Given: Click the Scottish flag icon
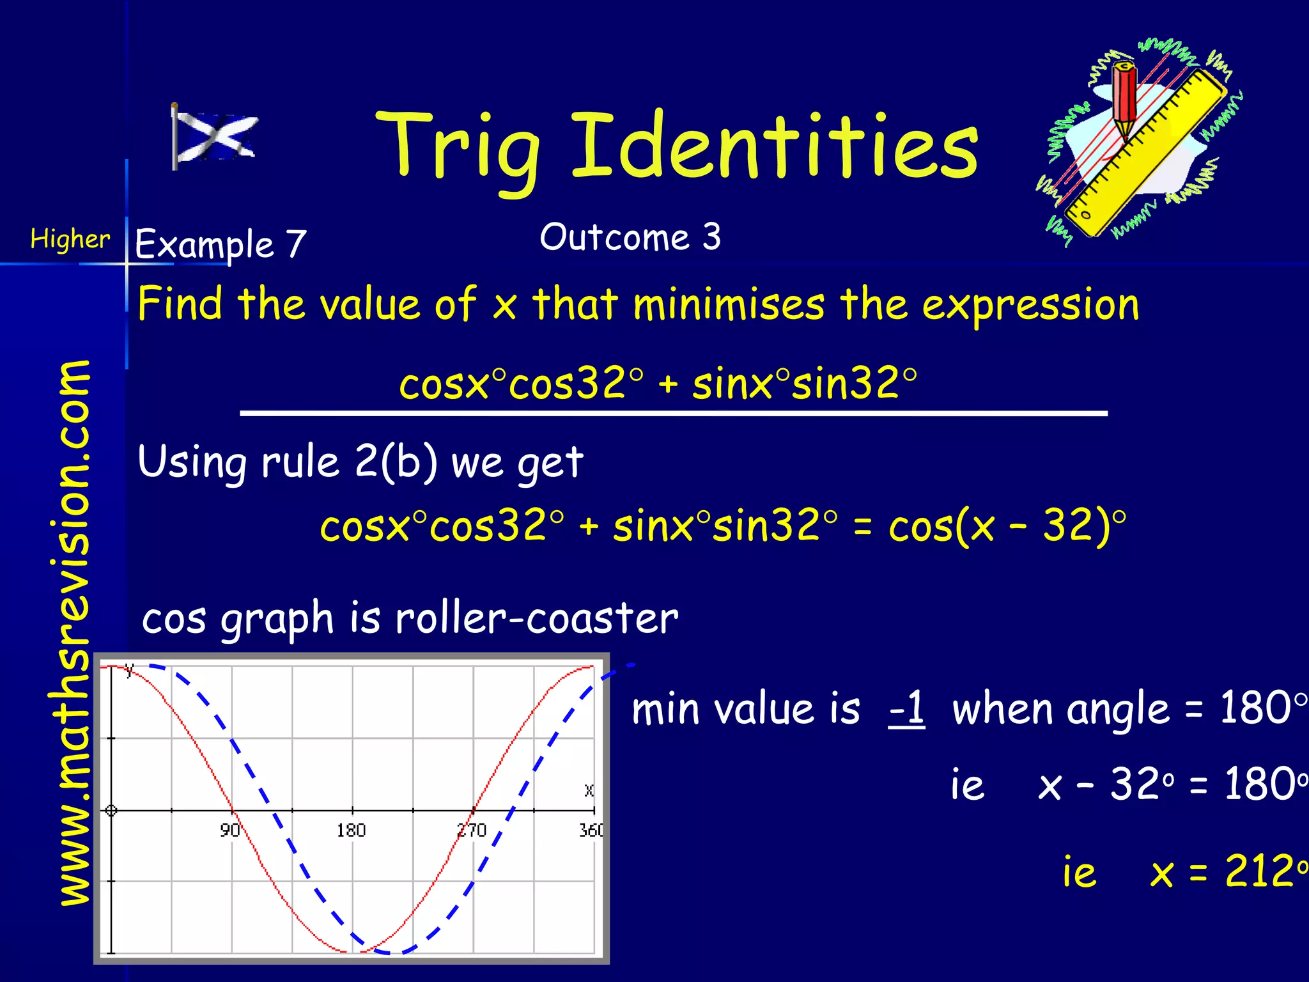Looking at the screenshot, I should tap(214, 137).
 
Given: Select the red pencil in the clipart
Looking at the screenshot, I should tap(1124, 96).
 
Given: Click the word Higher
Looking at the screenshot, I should tap(70, 240).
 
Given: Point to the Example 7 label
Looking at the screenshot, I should tap(221, 244).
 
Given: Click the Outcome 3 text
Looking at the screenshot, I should tap(630, 237).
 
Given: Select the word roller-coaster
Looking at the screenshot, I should tap(536, 618).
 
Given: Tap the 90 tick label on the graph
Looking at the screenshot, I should tap(229, 830).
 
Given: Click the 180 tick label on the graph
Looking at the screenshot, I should tap(351, 830).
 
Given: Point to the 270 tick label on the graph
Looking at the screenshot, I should tap(472, 830).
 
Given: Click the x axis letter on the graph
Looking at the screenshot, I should tap(589, 790).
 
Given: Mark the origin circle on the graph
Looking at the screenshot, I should tap(111, 811).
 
